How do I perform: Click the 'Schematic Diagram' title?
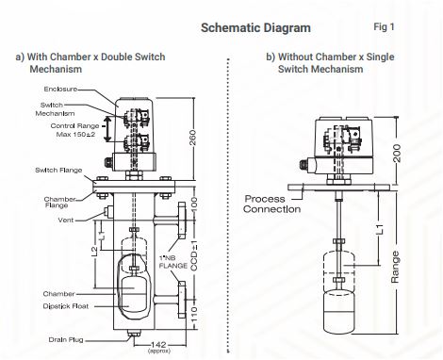coord(255,28)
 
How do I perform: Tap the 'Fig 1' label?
coord(384,27)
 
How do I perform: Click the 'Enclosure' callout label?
coord(60,89)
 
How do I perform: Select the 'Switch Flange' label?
coord(58,170)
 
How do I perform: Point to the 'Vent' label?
coord(66,220)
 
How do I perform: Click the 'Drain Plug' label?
coord(66,339)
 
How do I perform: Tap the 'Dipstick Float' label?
coord(66,306)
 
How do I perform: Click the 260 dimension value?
coord(193,138)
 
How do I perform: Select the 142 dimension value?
coord(158,345)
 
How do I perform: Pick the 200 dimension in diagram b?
coord(397,153)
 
